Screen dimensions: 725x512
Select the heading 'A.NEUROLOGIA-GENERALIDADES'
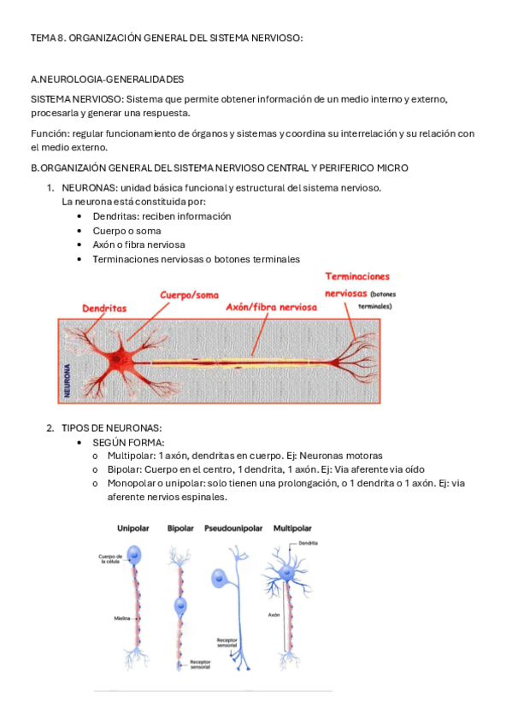pos(107,80)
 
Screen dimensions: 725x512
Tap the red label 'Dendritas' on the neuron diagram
pos(104,307)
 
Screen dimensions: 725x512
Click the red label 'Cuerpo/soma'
pos(189,295)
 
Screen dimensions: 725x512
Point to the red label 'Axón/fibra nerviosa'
pos(271,306)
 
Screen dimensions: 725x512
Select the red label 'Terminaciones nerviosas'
pos(357,284)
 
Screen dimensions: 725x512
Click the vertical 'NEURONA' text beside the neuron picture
pos(68,378)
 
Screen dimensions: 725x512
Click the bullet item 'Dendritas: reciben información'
pos(162,216)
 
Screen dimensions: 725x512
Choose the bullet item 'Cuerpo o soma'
pos(127,231)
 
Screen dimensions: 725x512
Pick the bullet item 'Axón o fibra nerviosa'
pos(138,245)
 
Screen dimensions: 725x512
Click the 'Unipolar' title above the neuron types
pos(133,528)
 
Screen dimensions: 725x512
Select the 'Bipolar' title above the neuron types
pos(180,528)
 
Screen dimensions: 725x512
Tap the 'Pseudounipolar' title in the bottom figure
pos(233,528)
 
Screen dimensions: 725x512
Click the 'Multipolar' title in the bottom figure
pos(291,528)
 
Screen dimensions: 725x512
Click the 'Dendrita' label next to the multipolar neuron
pos(309,544)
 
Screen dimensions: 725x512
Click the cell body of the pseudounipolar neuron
pos(223,580)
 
